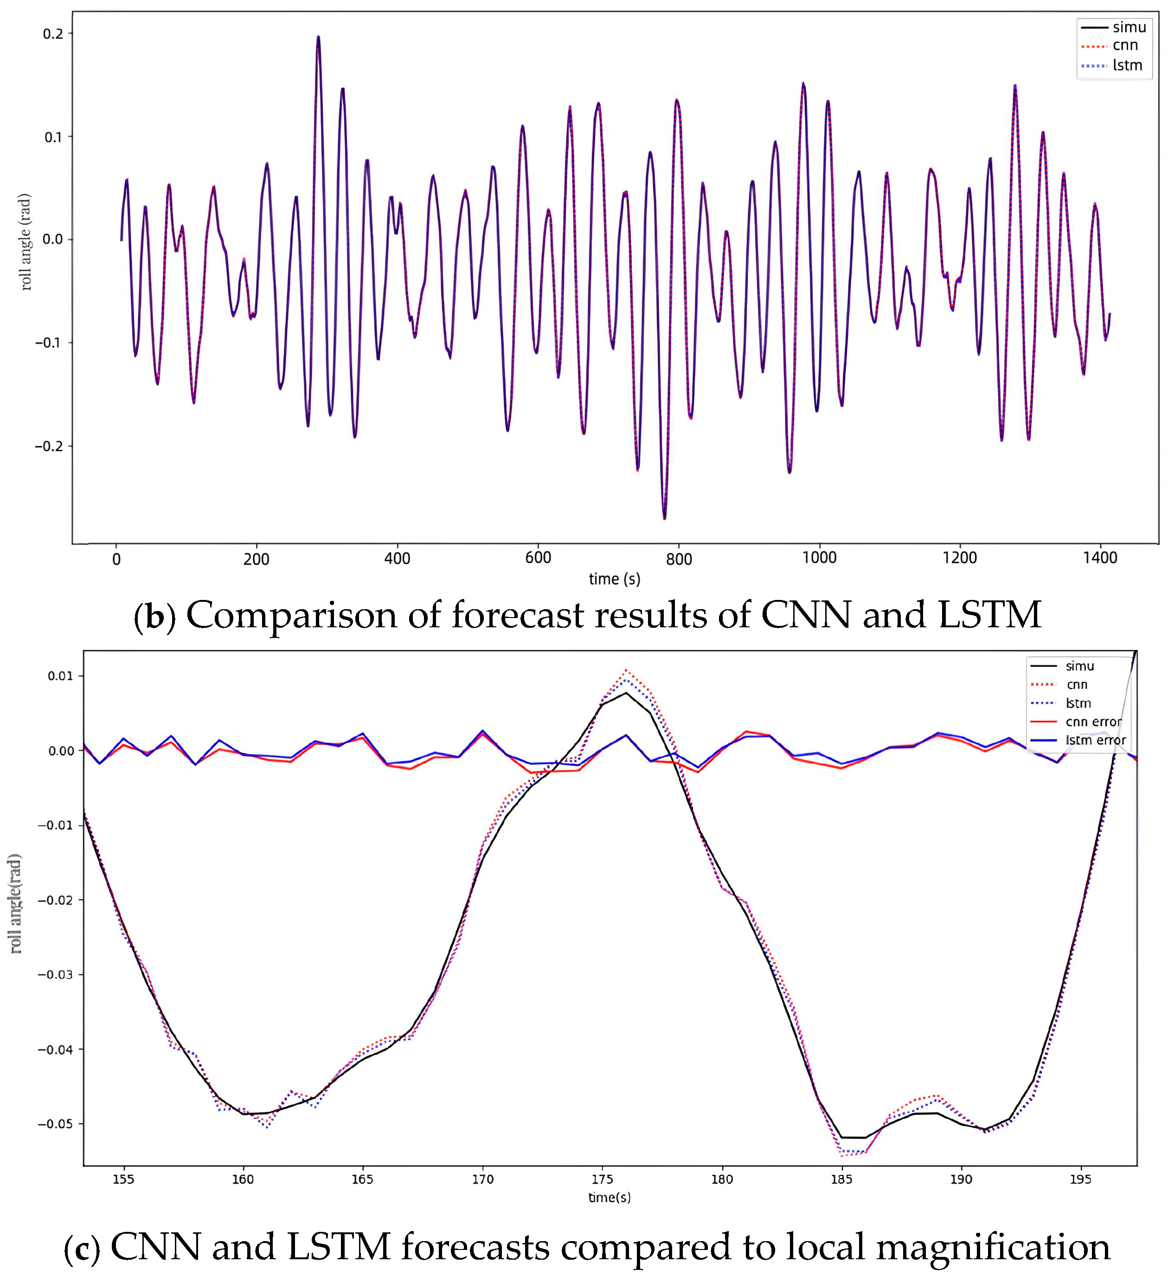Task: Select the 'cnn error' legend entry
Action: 1093,721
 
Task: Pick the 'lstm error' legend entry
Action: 1095,740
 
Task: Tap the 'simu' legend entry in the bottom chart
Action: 1079,666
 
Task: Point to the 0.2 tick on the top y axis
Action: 53,34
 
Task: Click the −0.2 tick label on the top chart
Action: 49,446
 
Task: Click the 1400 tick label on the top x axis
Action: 1100,558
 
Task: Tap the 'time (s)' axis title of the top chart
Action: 614,579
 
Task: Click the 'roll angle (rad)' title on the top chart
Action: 26,242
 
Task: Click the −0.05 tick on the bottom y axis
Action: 55,1124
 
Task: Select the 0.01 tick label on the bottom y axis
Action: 60,676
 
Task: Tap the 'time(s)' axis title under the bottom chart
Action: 610,1197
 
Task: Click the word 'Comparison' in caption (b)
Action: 290,615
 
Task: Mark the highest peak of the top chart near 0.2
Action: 318,37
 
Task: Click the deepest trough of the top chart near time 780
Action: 664,519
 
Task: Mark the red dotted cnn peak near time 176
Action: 626,670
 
